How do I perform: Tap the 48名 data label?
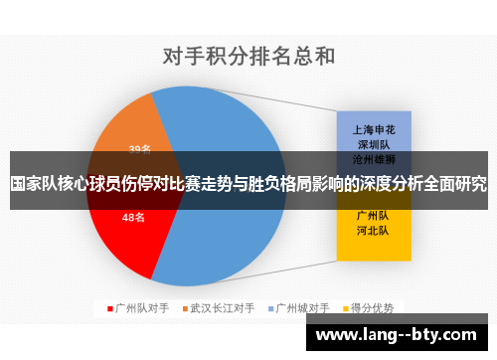pyautogui.click(x=133, y=217)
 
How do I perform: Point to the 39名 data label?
pyautogui.click(x=139, y=150)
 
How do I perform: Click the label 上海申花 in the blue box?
pyautogui.click(x=373, y=128)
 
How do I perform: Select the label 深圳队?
pyautogui.click(x=373, y=143)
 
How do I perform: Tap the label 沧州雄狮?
pyautogui.click(x=373, y=158)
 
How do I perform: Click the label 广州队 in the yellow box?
pyautogui.click(x=373, y=214)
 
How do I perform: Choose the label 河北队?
pyautogui.click(x=373, y=229)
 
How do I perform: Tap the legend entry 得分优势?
pyautogui.click(x=377, y=307)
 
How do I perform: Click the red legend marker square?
pyautogui.click(x=110, y=308)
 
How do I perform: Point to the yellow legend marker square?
pyautogui.click(x=348, y=308)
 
